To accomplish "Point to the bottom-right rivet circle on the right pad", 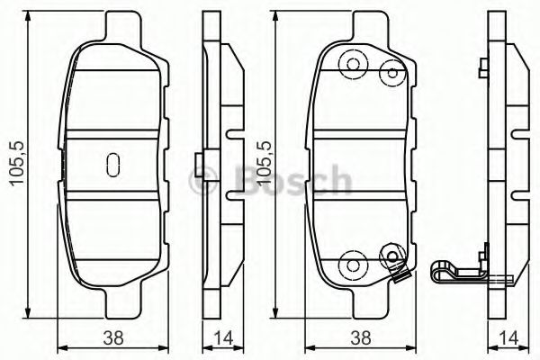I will point(391,257).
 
